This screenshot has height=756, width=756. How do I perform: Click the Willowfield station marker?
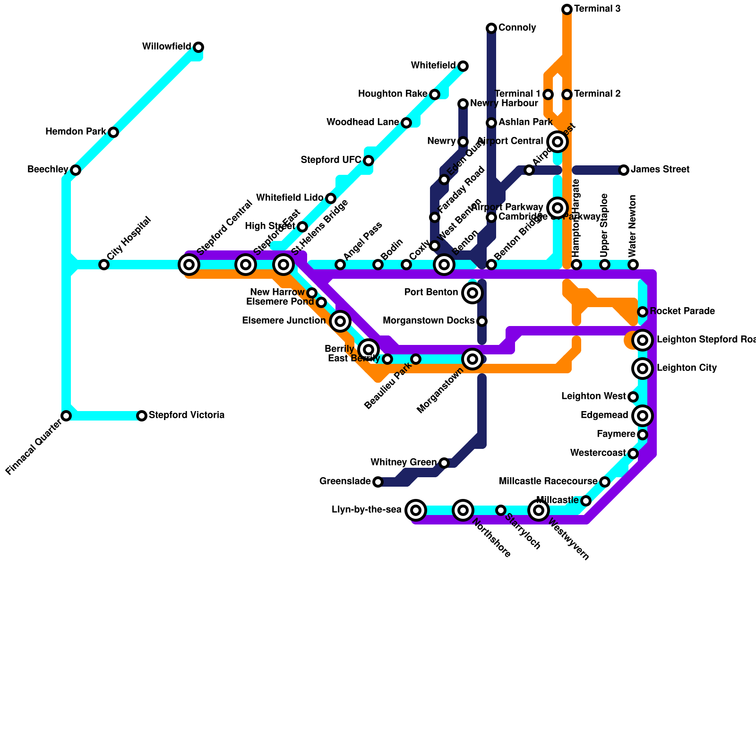pyautogui.click(x=198, y=47)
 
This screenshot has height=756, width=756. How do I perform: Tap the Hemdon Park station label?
pyautogui.click(x=76, y=132)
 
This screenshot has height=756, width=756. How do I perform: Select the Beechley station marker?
pyautogui.click(x=76, y=170)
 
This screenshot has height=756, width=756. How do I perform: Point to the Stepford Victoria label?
pyautogui.click(x=186, y=415)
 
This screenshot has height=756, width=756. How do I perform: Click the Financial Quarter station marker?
pyautogui.click(x=66, y=415)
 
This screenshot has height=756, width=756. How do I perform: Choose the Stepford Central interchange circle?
pyautogui.click(x=189, y=265)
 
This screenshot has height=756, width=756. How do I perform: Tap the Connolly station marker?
pyautogui.click(x=491, y=28)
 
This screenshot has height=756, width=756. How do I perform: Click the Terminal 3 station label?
pyautogui.click(x=597, y=9)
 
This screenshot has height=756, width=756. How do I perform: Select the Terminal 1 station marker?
pyautogui.click(x=548, y=94)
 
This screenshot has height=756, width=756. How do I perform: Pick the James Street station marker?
pyautogui.click(x=624, y=170)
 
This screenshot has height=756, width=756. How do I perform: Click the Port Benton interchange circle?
pyautogui.click(x=472, y=293)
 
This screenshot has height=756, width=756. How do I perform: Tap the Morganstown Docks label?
pyautogui.click(x=428, y=321)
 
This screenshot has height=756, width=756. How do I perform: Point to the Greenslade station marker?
pyautogui.click(x=378, y=482)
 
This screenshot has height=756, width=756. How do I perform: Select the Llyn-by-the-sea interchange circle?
pyautogui.click(x=416, y=510)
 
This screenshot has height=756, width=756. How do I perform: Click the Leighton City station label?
pyautogui.click(x=687, y=368)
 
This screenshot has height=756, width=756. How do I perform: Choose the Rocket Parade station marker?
pyautogui.click(x=643, y=311)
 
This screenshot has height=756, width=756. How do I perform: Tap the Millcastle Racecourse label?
pyautogui.click(x=548, y=481)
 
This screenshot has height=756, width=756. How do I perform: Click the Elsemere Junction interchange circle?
pyautogui.click(x=340, y=321)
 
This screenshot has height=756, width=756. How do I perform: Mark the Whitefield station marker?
pyautogui.click(x=463, y=66)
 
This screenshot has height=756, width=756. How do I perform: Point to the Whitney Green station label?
pyautogui.click(x=403, y=462)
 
